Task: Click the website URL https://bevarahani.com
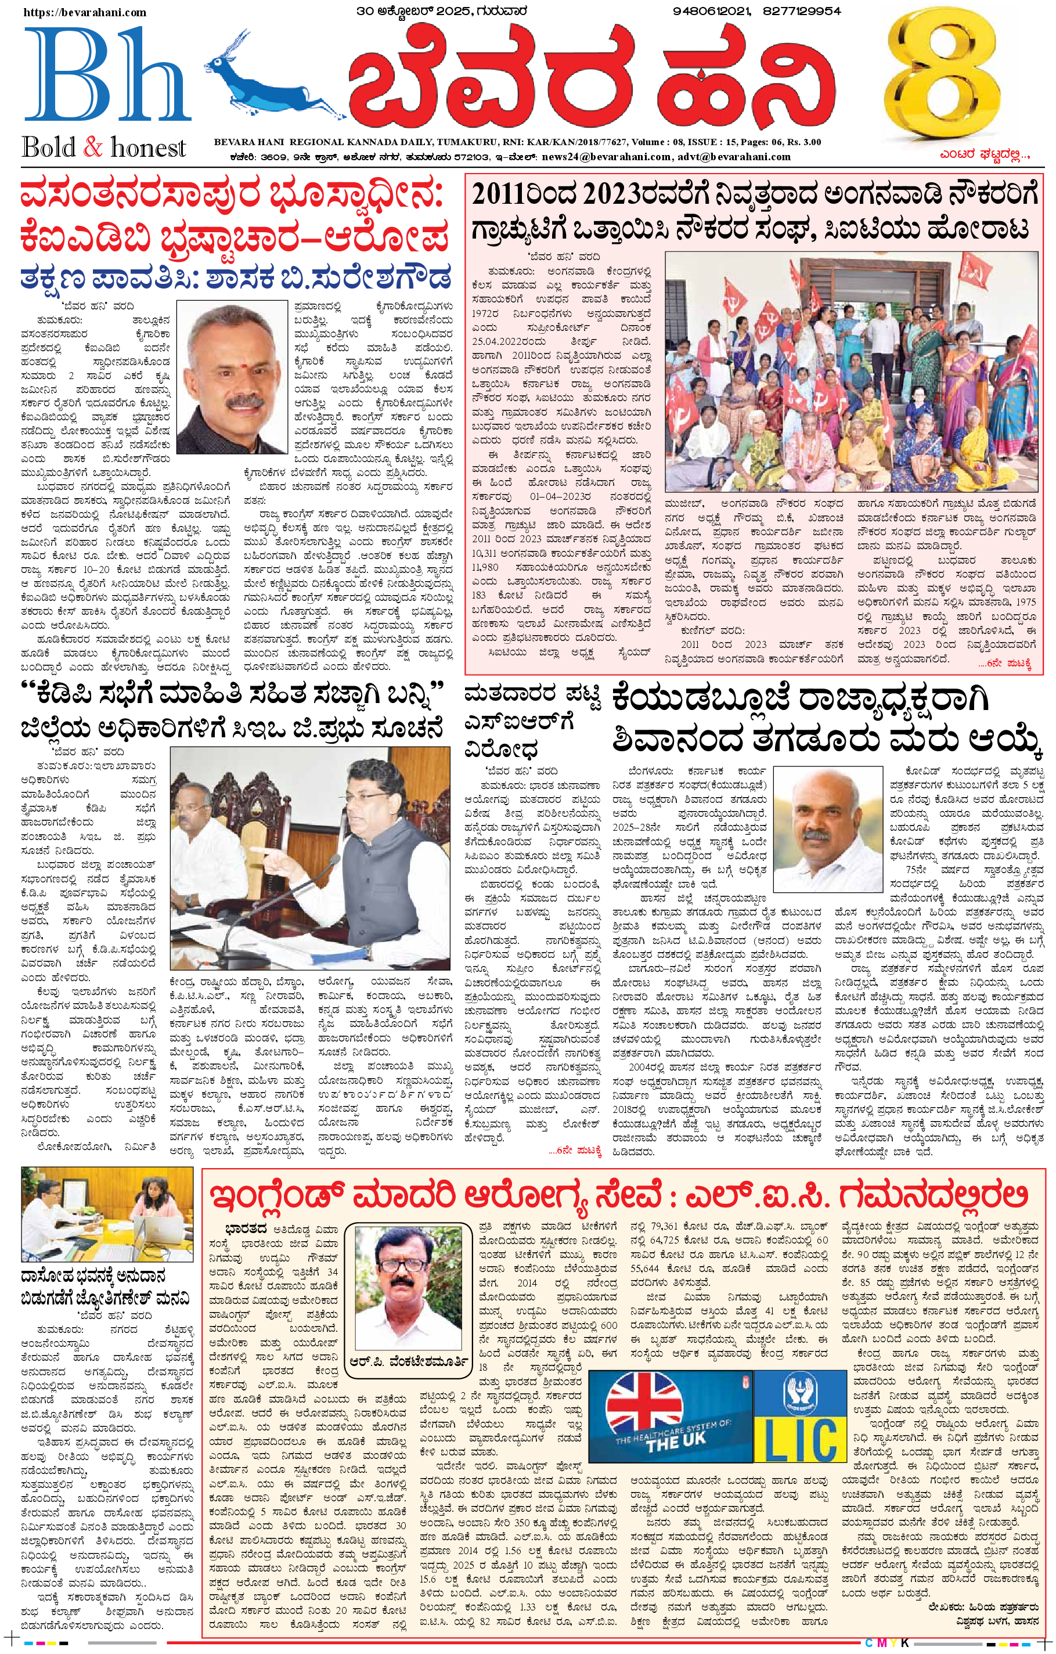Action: [x=85, y=12]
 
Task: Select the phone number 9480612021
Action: [x=712, y=11]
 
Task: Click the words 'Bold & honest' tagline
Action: [x=104, y=147]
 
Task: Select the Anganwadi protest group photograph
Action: [x=851, y=371]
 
